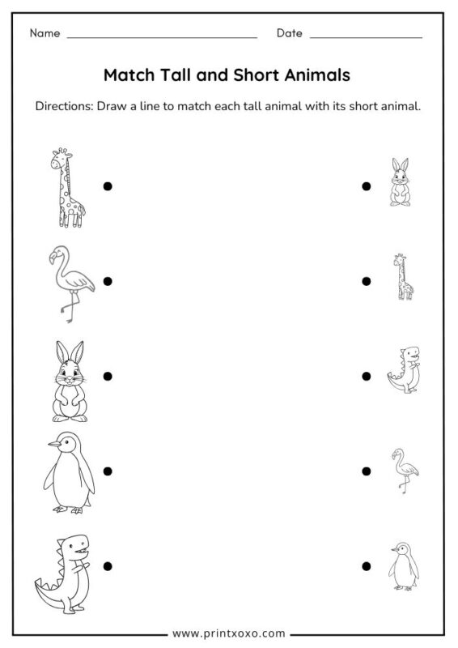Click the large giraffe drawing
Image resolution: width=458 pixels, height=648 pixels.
(68, 188)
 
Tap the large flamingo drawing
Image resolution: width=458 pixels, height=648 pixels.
(70, 283)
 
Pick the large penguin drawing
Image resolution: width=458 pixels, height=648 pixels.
(70, 474)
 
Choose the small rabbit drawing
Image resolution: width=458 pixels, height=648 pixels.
(399, 183)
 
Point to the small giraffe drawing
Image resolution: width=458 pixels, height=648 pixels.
(401, 277)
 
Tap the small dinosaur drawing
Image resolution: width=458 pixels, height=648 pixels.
(404, 371)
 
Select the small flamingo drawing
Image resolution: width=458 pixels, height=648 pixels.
(403, 470)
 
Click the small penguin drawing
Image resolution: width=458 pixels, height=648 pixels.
(403, 566)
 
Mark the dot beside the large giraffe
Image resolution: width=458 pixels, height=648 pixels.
(108, 186)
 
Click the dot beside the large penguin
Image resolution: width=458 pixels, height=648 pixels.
(108, 471)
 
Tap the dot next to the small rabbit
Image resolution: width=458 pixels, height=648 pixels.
(367, 186)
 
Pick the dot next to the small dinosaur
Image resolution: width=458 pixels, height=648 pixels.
(367, 376)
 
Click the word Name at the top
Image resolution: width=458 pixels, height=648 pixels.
(45, 33)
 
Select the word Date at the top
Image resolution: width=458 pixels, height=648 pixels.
(289, 33)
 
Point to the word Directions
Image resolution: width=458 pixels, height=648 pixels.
(65, 107)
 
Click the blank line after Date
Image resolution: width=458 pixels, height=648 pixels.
(366, 37)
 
